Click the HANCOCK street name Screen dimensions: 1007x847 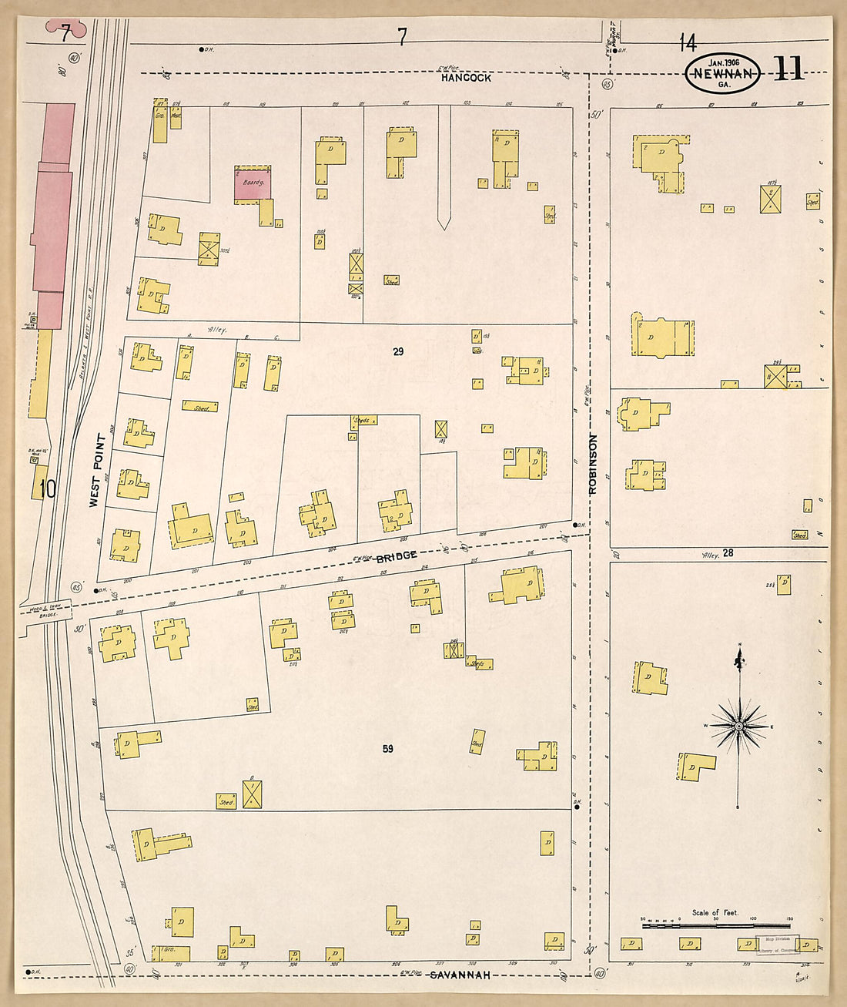[x=466, y=78]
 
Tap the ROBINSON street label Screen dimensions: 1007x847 [x=592, y=465]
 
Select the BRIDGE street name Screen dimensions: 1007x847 [x=397, y=556]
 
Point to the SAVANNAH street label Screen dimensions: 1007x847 [x=460, y=975]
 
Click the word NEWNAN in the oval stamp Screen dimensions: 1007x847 [x=723, y=74]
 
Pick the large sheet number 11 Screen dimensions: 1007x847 [x=788, y=69]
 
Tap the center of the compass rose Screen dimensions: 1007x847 [x=738, y=726]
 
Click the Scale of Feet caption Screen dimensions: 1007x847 [x=715, y=912]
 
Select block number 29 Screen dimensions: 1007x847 [x=398, y=351]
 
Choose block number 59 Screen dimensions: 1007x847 [x=387, y=748]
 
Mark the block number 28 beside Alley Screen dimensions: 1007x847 [x=728, y=553]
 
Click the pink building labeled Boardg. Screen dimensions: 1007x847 [x=253, y=185]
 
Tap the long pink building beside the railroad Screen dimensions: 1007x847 [x=53, y=216]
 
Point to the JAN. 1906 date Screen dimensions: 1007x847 [x=724, y=62]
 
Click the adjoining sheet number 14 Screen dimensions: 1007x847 [x=687, y=42]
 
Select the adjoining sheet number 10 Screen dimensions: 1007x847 [x=48, y=489]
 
